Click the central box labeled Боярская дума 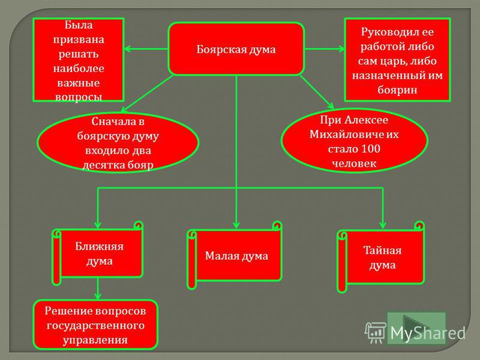236,49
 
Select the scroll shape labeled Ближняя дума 98,253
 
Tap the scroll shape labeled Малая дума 235,256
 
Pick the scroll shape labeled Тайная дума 381,257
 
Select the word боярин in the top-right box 397,89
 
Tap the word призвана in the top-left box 79,40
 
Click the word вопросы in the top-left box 79,97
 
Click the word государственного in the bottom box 95,325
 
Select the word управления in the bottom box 95,340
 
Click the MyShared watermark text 428,333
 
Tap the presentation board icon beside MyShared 376,332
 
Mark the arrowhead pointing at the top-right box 341,49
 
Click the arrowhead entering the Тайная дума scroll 383,225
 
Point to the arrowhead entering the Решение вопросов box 98,296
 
